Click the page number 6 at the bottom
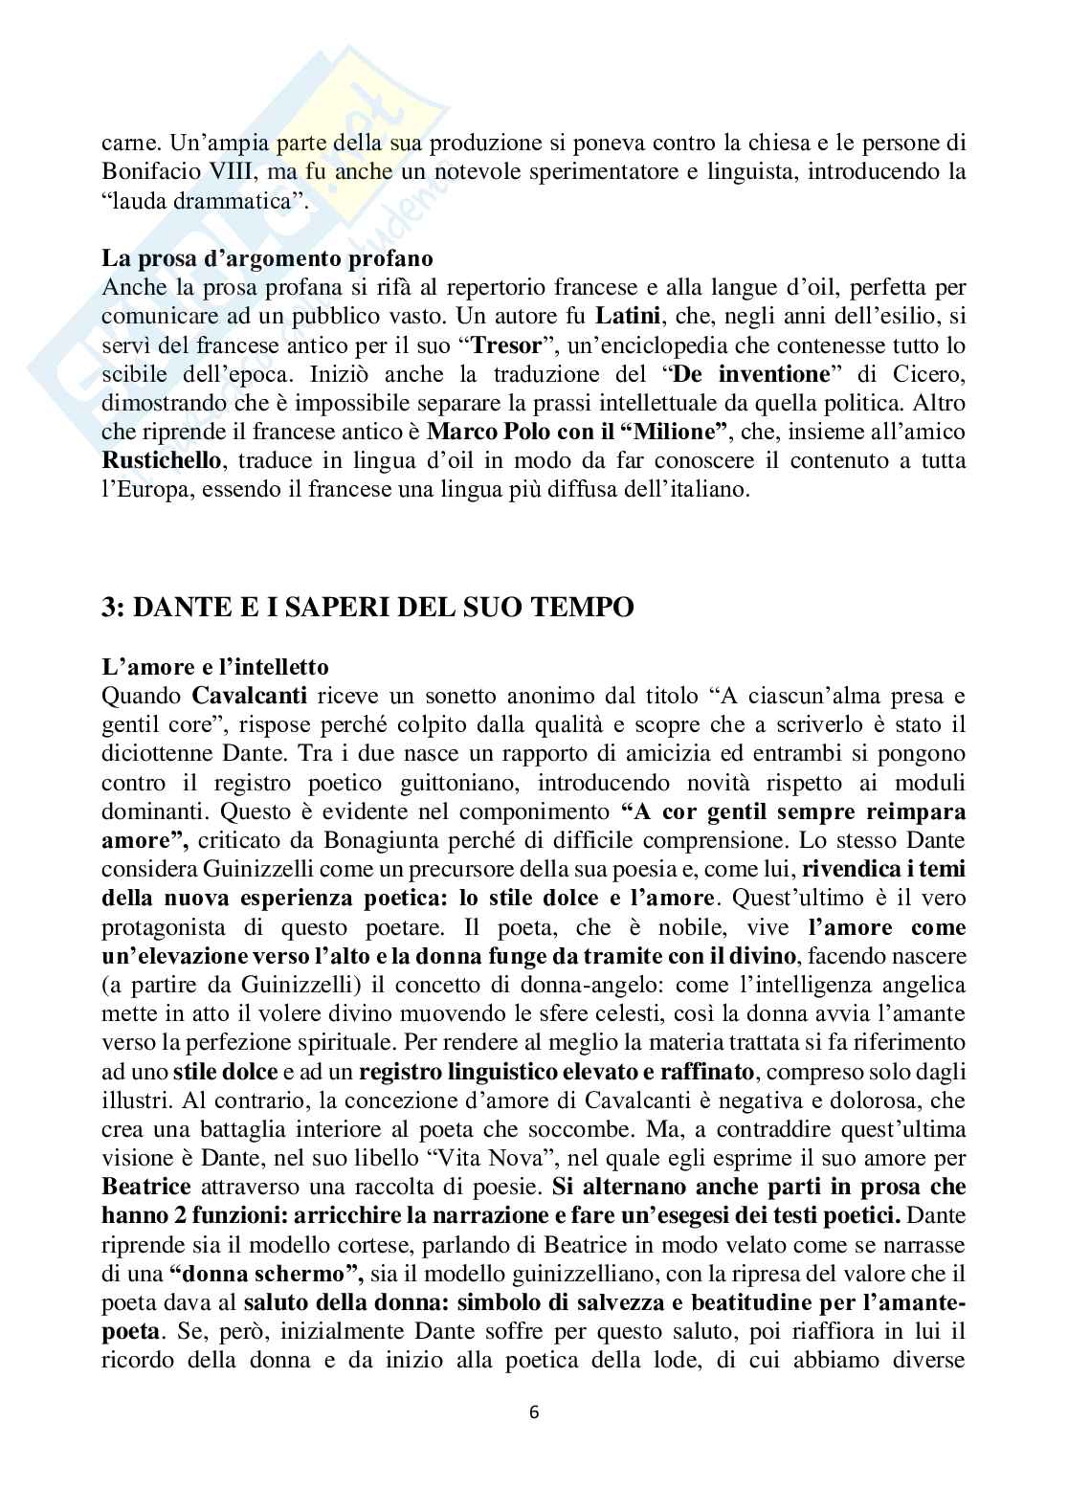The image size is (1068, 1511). click(x=534, y=1411)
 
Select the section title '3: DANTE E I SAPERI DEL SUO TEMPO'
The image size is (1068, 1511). click(x=367, y=607)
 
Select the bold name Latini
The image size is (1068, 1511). click(x=624, y=315)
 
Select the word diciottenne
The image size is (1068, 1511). click(x=159, y=754)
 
